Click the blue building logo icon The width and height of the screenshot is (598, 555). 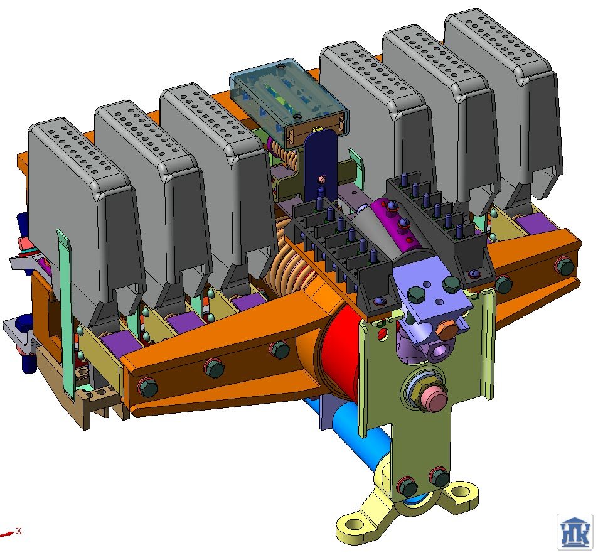(575, 532)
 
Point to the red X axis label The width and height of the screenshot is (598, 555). (19, 531)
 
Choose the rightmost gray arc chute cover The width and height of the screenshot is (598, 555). (503, 103)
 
